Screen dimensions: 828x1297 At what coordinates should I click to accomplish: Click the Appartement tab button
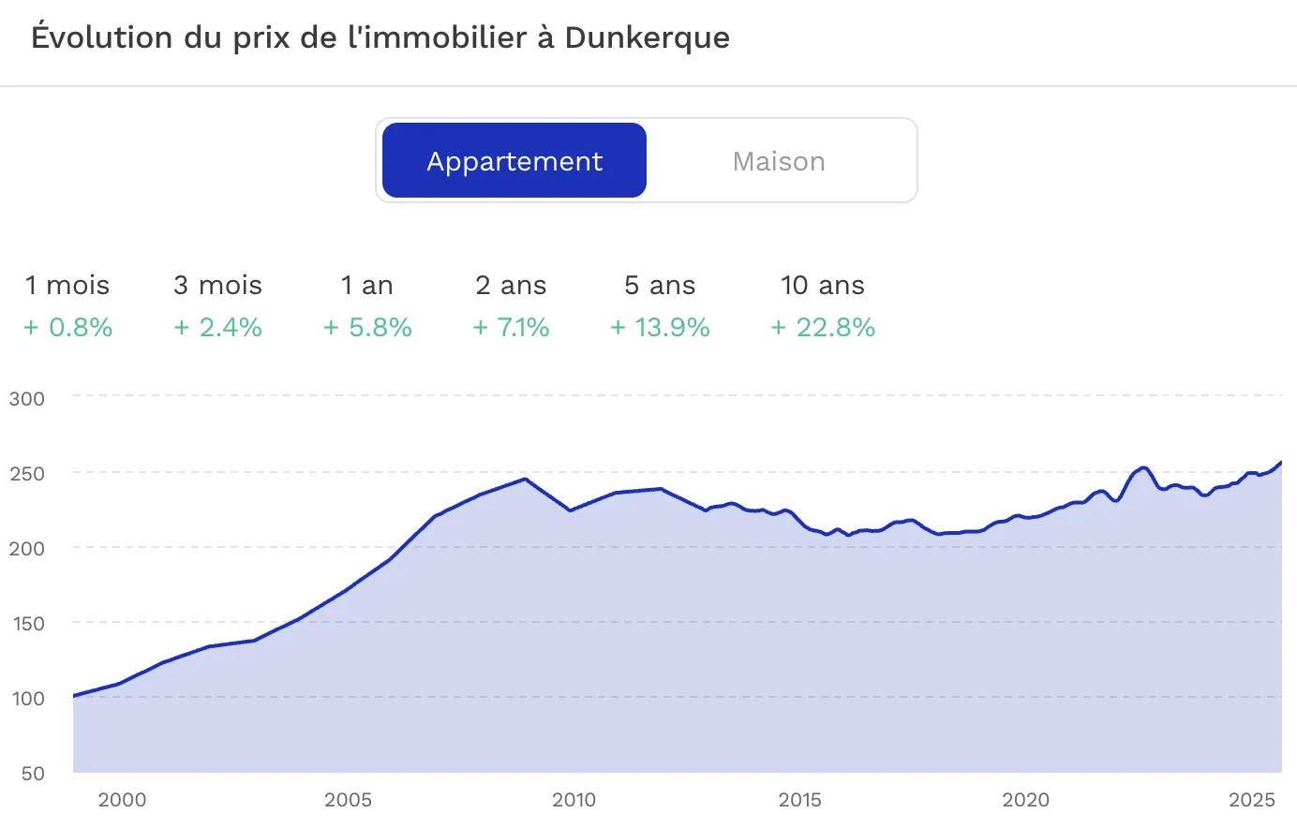pyautogui.click(x=514, y=160)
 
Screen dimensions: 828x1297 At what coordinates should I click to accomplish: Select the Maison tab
pyautogui.click(x=779, y=161)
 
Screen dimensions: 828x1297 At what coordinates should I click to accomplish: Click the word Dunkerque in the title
pyautogui.click(x=647, y=37)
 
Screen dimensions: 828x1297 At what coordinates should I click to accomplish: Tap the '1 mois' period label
pyautogui.click(x=67, y=285)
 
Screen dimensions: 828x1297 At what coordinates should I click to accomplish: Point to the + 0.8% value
pyautogui.click(x=68, y=327)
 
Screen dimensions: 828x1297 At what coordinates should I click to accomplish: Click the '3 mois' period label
pyautogui.click(x=217, y=285)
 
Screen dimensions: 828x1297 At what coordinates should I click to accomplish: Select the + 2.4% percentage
pyautogui.click(x=217, y=327)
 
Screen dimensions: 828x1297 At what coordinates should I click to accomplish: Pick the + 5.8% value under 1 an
pyautogui.click(x=367, y=327)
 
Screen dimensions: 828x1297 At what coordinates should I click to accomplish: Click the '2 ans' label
pyautogui.click(x=511, y=285)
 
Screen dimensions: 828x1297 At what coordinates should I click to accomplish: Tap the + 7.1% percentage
pyautogui.click(x=511, y=327)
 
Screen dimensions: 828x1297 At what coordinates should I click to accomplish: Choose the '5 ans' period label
pyautogui.click(x=660, y=285)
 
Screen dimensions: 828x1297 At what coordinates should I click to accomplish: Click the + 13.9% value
pyautogui.click(x=660, y=327)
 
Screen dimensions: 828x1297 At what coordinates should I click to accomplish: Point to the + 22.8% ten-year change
pyautogui.click(x=823, y=327)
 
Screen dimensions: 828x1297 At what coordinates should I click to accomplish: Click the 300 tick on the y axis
pyautogui.click(x=27, y=398)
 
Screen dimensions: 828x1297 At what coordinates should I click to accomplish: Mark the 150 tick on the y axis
pyautogui.click(x=28, y=623)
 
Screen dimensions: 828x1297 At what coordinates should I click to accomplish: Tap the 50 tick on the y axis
pyautogui.click(x=33, y=773)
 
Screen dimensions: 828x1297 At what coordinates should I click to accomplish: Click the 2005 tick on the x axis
pyautogui.click(x=348, y=799)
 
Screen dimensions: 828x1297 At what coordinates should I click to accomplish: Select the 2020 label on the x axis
pyautogui.click(x=1026, y=799)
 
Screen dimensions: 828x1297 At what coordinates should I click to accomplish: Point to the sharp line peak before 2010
pyautogui.click(x=525, y=479)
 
